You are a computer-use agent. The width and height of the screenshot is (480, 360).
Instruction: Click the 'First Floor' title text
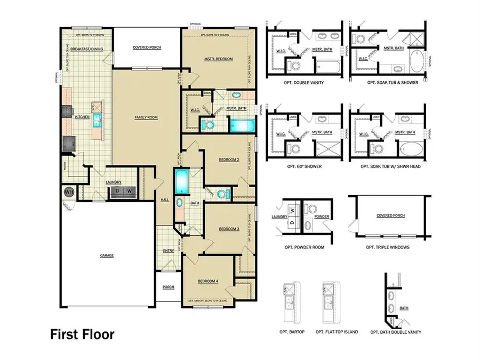pyautogui.click(x=82, y=334)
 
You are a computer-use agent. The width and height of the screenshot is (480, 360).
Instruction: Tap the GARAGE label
pyautogui.click(x=107, y=255)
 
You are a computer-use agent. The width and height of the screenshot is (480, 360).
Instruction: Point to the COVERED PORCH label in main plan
pyautogui.click(x=147, y=47)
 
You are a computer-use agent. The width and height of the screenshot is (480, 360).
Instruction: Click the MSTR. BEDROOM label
pyautogui.click(x=218, y=59)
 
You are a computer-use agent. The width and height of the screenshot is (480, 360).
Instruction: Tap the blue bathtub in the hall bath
pyautogui.click(x=181, y=183)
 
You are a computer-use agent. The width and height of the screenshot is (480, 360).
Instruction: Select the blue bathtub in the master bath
pyautogui.click(x=243, y=126)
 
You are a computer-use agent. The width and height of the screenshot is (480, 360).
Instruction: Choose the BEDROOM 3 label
pyautogui.click(x=229, y=229)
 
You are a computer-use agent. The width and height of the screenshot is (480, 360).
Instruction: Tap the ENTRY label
pyautogui.click(x=168, y=250)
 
